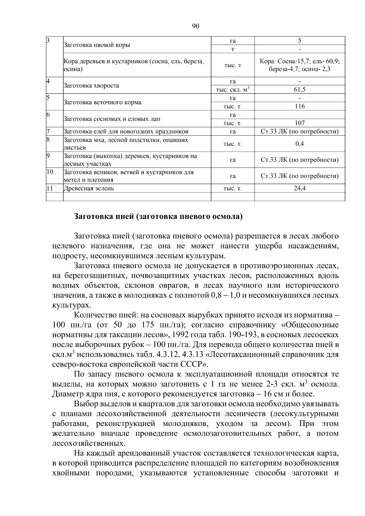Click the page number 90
tap(196, 26)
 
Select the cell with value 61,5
tap(300, 89)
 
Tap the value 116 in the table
tap(300, 106)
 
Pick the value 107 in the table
tap(300, 123)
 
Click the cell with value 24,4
tap(300, 188)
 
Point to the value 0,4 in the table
tap(300, 144)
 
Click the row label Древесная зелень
tap(89, 188)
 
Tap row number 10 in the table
tap(50, 172)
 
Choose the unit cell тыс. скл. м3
tap(233, 90)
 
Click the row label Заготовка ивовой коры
tap(96, 45)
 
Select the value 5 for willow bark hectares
tap(300, 41)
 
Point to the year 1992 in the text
tap(182, 335)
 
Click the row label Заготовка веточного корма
tap(102, 102)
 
